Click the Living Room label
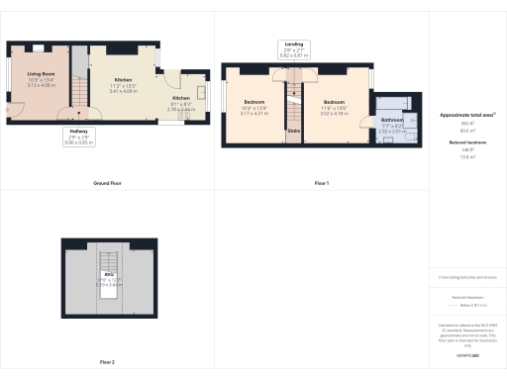click(41, 74)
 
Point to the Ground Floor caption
click(107, 184)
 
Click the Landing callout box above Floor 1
click(294, 48)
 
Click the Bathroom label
click(391, 120)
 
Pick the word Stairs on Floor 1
click(293, 129)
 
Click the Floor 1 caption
click(322, 184)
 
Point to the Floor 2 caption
click(107, 363)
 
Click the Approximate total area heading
click(466, 115)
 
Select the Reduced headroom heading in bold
click(466, 142)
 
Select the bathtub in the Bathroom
click(398, 104)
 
